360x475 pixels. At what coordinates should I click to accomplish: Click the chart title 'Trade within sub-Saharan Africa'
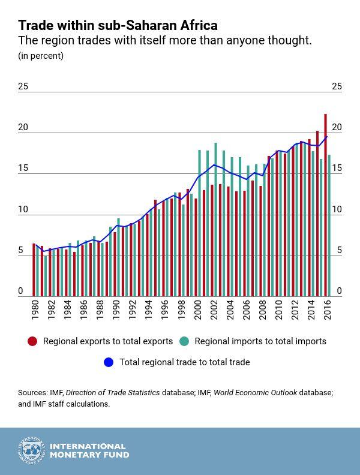[x=118, y=25]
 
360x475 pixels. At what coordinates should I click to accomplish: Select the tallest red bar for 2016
[x=325, y=204]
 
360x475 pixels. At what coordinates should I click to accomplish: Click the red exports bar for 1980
[x=34, y=269]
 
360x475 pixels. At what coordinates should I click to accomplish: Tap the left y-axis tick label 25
[x=23, y=86]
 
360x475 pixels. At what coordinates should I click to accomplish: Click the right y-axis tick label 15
[x=337, y=169]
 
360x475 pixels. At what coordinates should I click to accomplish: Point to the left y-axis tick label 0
[x=20, y=291]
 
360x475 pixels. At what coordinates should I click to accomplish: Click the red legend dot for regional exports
[x=32, y=341]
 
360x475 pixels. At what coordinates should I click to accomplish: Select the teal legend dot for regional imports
[x=184, y=341]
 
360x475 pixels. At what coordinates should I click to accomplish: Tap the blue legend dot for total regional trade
[x=109, y=362]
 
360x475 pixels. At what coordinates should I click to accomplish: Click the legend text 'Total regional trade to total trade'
[x=185, y=362]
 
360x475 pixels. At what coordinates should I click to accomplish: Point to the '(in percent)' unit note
[x=41, y=56]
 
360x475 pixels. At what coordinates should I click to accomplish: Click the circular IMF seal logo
[x=31, y=451]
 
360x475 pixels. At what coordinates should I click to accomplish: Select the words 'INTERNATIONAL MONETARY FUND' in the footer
[x=89, y=451]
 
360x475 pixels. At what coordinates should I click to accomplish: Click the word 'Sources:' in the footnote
[x=32, y=393]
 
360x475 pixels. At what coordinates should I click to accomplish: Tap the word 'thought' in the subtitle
[x=292, y=41]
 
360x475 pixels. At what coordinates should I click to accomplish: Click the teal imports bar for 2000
[x=199, y=223]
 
